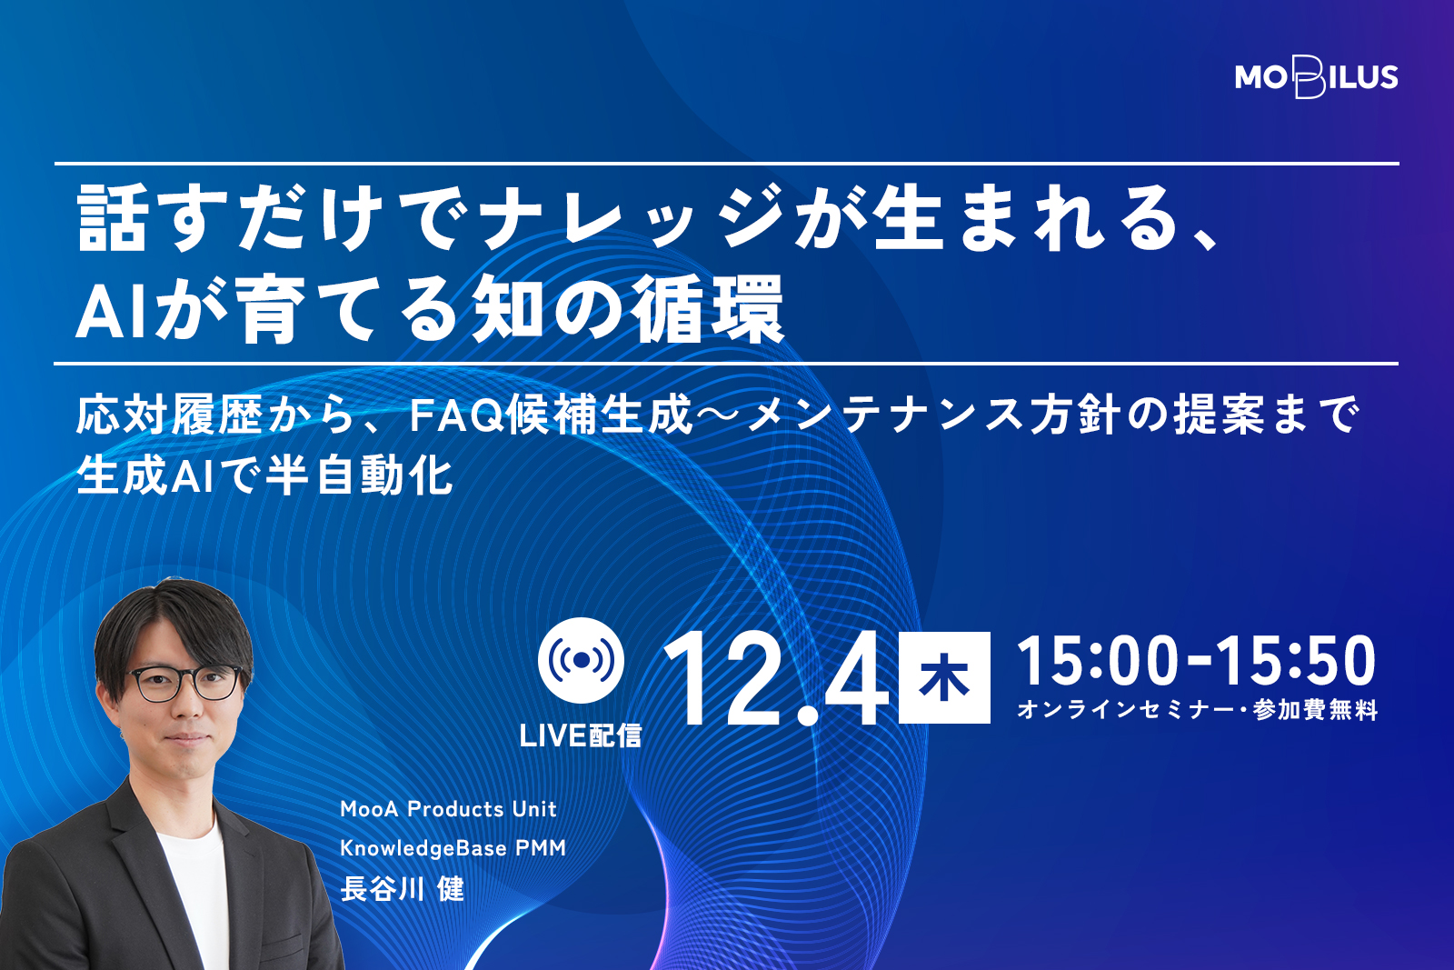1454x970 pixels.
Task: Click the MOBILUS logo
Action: pyautogui.click(x=1317, y=77)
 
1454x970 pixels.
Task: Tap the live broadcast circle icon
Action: pyautogui.click(x=581, y=660)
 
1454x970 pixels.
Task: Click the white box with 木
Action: pyautogui.click(x=944, y=677)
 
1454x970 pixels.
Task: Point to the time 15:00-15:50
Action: pyautogui.click(x=1196, y=661)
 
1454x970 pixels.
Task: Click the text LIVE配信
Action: pyautogui.click(x=581, y=735)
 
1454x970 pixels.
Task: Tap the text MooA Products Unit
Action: pyautogui.click(x=449, y=809)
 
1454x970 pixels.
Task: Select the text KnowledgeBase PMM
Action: pyautogui.click(x=453, y=848)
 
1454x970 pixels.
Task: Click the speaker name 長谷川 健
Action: pyautogui.click(x=403, y=889)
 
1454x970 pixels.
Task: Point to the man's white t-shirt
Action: pyautogui.click(x=194, y=896)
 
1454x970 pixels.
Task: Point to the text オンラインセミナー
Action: pyautogui.click(x=1125, y=709)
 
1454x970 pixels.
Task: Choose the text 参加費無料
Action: pyautogui.click(x=1315, y=709)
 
